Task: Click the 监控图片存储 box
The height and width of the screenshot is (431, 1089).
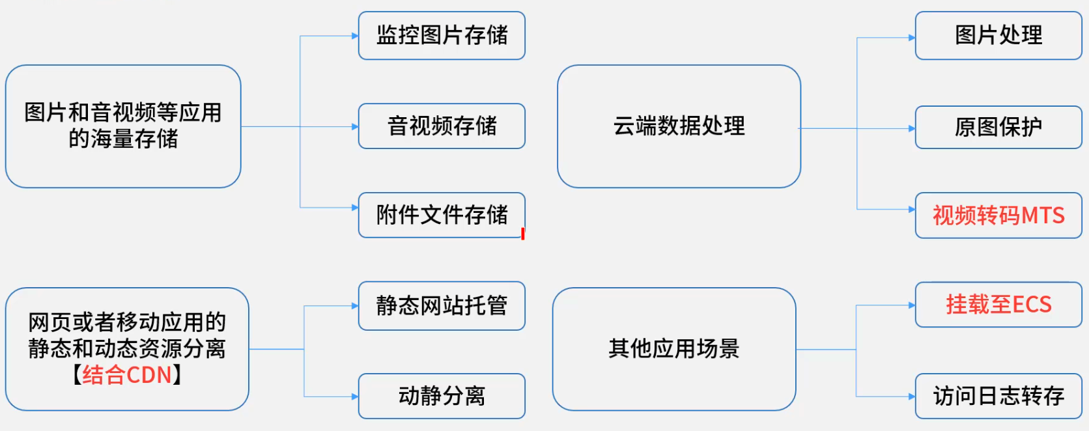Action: point(442,35)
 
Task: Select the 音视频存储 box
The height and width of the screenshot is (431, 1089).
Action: point(442,126)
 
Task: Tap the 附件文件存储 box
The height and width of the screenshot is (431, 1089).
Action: point(442,215)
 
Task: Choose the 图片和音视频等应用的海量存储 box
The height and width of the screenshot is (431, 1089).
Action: point(123,126)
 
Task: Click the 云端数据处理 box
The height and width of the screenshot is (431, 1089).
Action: point(679,126)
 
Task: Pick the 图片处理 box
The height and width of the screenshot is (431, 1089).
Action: point(998,35)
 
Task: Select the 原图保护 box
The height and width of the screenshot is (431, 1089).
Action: point(998,127)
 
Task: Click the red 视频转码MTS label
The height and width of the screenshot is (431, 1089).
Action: point(998,215)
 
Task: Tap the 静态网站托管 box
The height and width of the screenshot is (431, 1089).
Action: point(442,305)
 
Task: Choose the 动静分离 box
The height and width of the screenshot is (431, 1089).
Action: point(442,396)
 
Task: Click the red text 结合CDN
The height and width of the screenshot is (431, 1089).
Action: point(127,375)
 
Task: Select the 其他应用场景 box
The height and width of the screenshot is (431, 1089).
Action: point(674,349)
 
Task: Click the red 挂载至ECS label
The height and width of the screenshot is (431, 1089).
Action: point(998,305)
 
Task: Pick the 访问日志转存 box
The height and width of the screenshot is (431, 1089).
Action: point(998,396)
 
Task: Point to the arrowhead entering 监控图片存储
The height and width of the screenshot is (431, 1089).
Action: point(355,36)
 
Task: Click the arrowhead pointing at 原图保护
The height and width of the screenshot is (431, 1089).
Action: point(912,128)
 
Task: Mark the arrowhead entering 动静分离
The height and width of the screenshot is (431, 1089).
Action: point(355,396)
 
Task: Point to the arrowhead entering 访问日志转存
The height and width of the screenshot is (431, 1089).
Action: point(912,396)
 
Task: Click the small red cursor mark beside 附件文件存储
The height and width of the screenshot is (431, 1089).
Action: point(523,233)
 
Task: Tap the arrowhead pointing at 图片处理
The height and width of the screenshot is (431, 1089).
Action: point(912,38)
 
